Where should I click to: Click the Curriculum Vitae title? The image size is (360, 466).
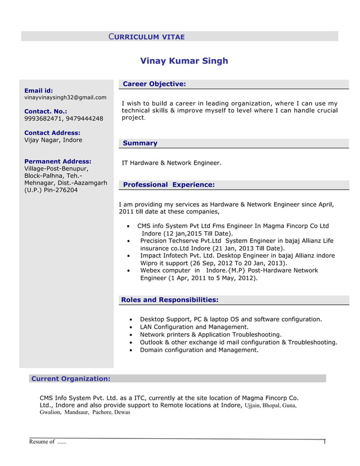point(146,37)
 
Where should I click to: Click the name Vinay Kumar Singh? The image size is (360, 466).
point(184,61)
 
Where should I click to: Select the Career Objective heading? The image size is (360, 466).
point(154,84)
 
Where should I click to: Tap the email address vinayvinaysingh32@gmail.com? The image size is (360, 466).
point(65,98)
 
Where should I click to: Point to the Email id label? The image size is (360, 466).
point(39,90)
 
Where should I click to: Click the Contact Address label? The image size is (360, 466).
point(52,133)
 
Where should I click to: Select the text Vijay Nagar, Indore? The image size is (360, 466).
point(53,140)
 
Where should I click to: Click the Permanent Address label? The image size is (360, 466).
point(58,161)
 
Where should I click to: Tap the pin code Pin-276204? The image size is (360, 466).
point(60,190)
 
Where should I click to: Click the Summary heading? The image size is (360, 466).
point(140,143)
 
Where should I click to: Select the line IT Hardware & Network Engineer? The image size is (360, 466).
point(172,163)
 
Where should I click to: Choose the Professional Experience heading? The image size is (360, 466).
point(169,184)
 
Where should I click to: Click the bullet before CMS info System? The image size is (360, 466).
point(130,227)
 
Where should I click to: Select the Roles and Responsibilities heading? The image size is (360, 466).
point(169,300)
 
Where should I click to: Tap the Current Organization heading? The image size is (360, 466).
point(71,379)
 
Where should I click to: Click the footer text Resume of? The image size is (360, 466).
point(42,442)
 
